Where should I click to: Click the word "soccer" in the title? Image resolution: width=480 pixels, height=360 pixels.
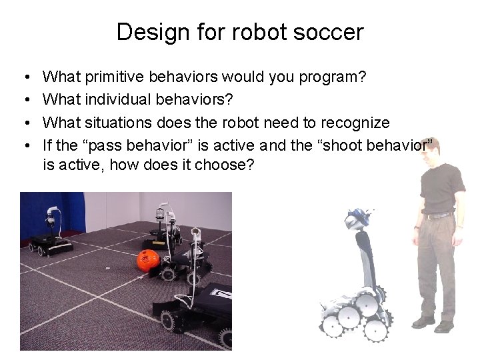(331, 32)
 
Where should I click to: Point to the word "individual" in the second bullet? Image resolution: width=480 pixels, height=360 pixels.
(118, 100)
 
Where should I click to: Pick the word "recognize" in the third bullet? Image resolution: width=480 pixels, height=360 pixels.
(355, 123)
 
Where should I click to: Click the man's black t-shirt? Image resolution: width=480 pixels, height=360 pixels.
(441, 187)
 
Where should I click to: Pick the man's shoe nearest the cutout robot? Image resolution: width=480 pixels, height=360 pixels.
(423, 323)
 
